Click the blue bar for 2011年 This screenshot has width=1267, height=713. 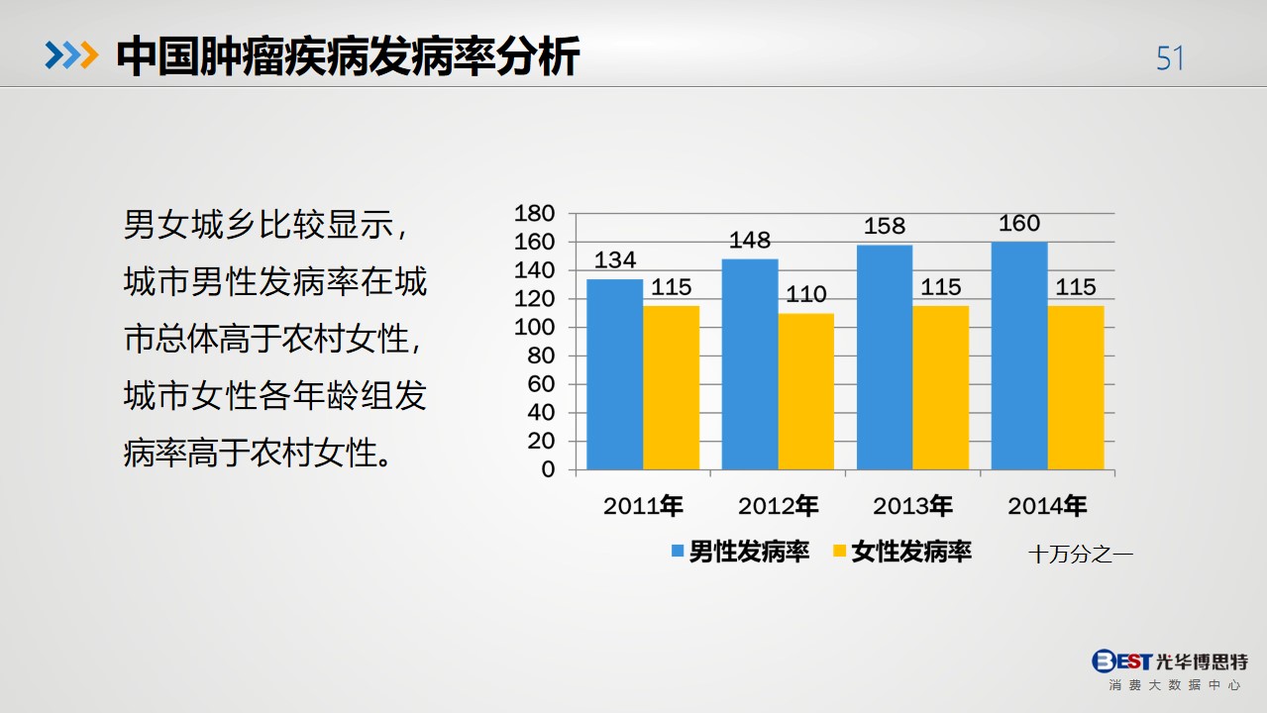pyautogui.click(x=615, y=374)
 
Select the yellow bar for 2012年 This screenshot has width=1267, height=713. pyautogui.click(x=806, y=391)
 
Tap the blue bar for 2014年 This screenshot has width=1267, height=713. pyautogui.click(x=1019, y=356)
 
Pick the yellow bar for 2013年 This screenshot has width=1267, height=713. pyautogui.click(x=941, y=388)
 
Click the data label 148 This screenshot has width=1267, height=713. pyautogui.click(x=750, y=241)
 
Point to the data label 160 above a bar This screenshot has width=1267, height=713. pyautogui.click(x=1019, y=224)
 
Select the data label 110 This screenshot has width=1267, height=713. pyautogui.click(x=806, y=294)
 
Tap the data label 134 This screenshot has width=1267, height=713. pyautogui.click(x=615, y=260)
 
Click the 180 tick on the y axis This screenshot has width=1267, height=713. pyautogui.click(x=534, y=214)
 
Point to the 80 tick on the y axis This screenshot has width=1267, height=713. pyautogui.click(x=541, y=356)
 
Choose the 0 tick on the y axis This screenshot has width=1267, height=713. pyautogui.click(x=548, y=469)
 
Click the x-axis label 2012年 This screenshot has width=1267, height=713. pyautogui.click(x=778, y=505)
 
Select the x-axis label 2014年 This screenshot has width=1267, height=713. pyautogui.click(x=1047, y=505)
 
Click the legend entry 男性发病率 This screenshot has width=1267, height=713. pyautogui.click(x=740, y=552)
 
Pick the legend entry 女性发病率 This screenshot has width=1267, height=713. pyautogui.click(x=902, y=552)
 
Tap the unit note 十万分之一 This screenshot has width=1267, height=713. pyautogui.click(x=1081, y=555)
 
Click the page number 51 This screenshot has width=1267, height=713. pyautogui.click(x=1170, y=58)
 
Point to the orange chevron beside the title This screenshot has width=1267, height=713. pyautogui.click(x=89, y=55)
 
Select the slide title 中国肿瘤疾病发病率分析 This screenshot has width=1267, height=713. pyautogui.click(x=348, y=56)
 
